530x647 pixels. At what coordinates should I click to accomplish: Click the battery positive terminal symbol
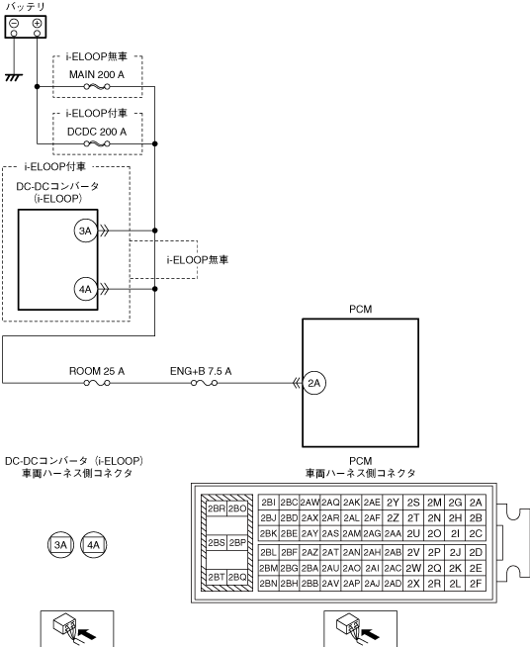tap(37, 23)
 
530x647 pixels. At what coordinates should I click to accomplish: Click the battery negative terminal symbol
tap(14, 23)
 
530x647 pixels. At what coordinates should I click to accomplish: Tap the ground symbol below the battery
tap(14, 77)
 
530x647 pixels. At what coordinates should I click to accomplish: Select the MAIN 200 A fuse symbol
tap(97, 87)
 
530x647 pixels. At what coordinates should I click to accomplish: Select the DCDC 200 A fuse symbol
tap(97, 144)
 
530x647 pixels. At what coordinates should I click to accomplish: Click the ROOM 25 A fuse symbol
tap(97, 383)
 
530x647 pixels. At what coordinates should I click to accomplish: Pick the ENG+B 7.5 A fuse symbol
tap(204, 383)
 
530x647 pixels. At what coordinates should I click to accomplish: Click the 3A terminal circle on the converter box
tap(85, 231)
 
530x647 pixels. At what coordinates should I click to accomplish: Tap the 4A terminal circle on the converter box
tap(85, 289)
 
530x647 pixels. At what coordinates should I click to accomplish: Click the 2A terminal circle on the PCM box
tap(314, 383)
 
